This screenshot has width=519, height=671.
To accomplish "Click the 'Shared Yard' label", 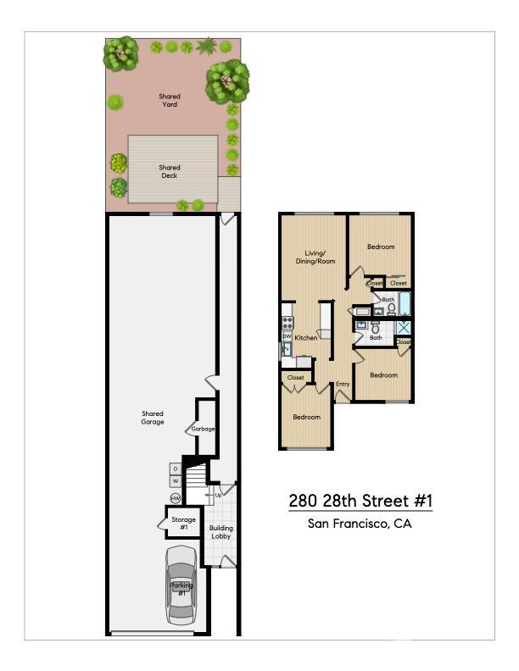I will coord(170,101).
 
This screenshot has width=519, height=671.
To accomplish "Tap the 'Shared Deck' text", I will coord(170,172).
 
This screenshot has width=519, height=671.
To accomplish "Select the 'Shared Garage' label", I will coord(153,418).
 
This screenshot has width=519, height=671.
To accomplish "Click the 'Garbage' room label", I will coord(203,429).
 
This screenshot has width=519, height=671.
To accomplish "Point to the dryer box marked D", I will coord(176,469).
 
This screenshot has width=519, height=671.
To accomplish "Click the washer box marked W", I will coord(176,482).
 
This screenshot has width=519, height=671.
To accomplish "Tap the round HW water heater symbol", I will coord(176,498).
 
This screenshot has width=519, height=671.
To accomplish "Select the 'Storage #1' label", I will coord(183,523).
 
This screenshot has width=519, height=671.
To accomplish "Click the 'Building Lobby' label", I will coord(222,532).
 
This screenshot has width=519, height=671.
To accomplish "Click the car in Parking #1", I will coord(181,585).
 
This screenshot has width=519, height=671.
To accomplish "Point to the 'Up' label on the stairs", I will coord(218,495).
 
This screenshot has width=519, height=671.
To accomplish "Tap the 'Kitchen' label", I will coord(306,338).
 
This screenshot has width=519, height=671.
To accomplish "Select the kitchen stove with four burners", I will coord(287,323).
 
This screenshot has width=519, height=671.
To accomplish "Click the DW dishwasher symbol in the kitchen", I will coord(287,336).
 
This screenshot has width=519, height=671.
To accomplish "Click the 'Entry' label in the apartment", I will coord(343,384).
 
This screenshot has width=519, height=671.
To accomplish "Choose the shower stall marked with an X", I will coord(405,327).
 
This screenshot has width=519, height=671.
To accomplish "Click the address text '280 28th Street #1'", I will coord(360,502).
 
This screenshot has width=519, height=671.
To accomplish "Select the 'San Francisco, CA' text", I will coord(360,524).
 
